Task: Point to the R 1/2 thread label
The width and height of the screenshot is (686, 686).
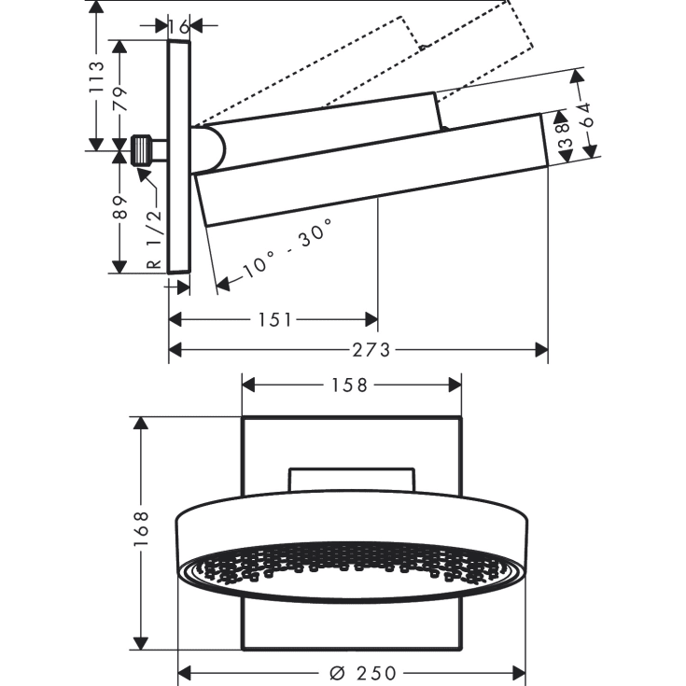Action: click(155, 238)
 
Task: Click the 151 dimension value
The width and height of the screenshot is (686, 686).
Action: click(274, 320)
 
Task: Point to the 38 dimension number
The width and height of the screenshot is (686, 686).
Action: click(562, 136)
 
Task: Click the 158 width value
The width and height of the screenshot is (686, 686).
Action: click(350, 384)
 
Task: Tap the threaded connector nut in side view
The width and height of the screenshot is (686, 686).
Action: click(143, 150)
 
